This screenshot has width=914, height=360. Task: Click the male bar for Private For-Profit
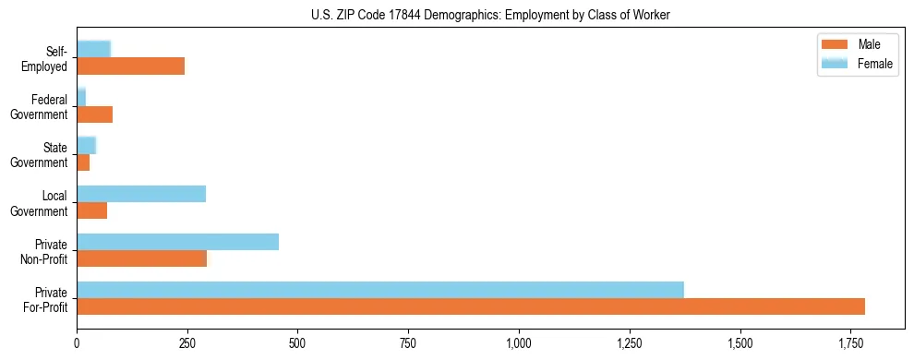(x=471, y=306)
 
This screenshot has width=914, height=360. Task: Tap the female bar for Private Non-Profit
(x=177, y=242)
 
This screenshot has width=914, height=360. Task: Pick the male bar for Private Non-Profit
(x=141, y=258)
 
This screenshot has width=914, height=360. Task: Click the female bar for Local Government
(x=141, y=194)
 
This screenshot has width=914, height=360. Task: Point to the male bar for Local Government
(x=91, y=210)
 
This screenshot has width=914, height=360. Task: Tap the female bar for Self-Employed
(x=93, y=49)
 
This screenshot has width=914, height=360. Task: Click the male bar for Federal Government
(x=94, y=114)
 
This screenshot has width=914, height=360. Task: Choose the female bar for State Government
(x=86, y=146)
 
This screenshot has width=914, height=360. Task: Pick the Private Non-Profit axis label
(x=46, y=251)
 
